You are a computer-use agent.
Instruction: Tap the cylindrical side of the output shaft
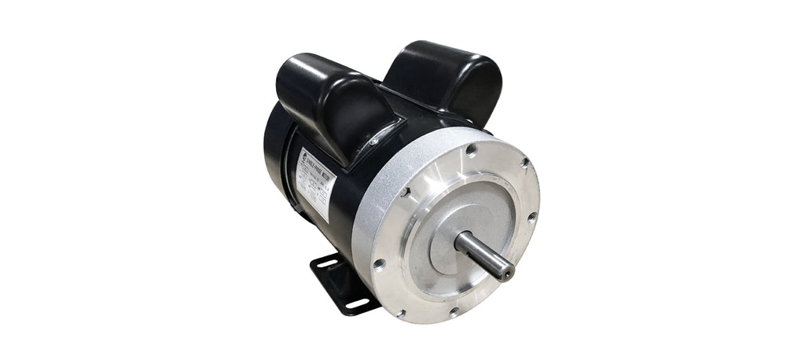coord(481,253)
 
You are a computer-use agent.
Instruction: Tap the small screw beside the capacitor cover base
coord(373,142)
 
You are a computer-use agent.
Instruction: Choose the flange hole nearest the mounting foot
coord(379,264)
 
